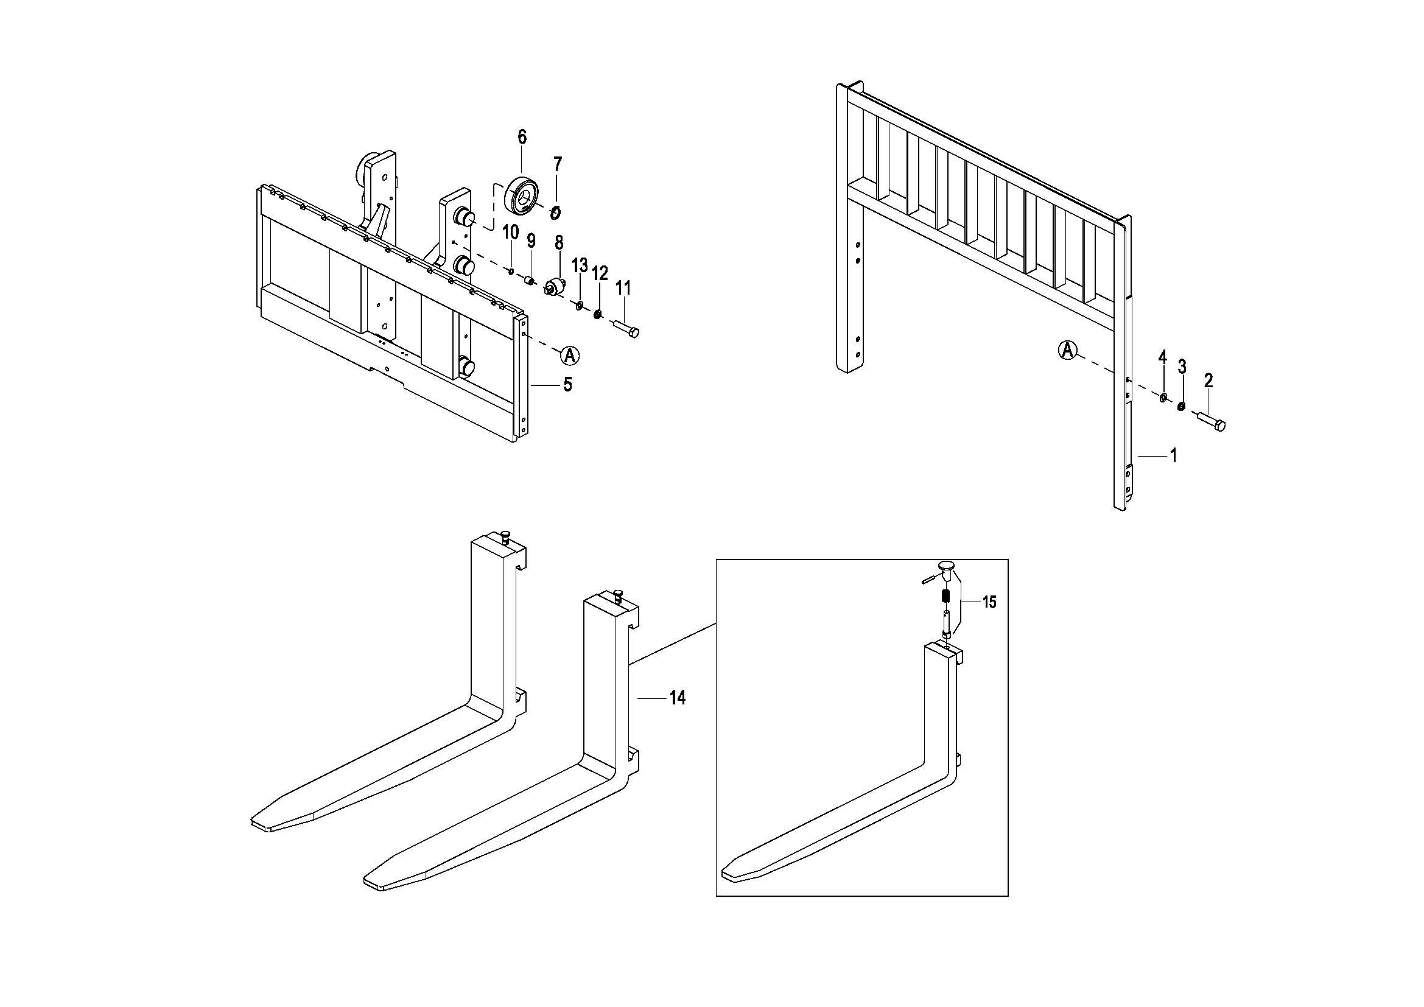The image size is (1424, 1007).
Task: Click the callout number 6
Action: click(x=522, y=136)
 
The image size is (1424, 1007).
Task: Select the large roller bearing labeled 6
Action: click(x=523, y=194)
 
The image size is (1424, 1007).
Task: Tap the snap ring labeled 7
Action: click(x=556, y=212)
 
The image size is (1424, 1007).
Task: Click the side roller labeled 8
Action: click(x=555, y=289)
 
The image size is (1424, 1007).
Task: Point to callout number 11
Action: click(x=623, y=288)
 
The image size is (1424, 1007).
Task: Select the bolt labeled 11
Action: click(x=626, y=328)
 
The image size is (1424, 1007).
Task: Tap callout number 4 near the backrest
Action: click(x=1163, y=357)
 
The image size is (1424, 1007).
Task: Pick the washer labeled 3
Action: click(x=1181, y=407)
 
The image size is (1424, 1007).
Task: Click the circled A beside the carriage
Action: click(x=569, y=356)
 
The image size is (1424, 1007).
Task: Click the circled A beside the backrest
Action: click(x=1067, y=349)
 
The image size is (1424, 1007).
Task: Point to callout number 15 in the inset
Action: click(x=989, y=602)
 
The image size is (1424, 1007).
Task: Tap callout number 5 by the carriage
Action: click(x=567, y=384)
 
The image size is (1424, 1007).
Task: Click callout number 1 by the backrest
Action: click(x=1173, y=456)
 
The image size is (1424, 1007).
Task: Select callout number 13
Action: click(x=579, y=266)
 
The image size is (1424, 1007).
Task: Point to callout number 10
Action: click(x=510, y=233)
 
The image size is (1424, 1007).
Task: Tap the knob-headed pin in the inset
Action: click(x=947, y=567)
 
